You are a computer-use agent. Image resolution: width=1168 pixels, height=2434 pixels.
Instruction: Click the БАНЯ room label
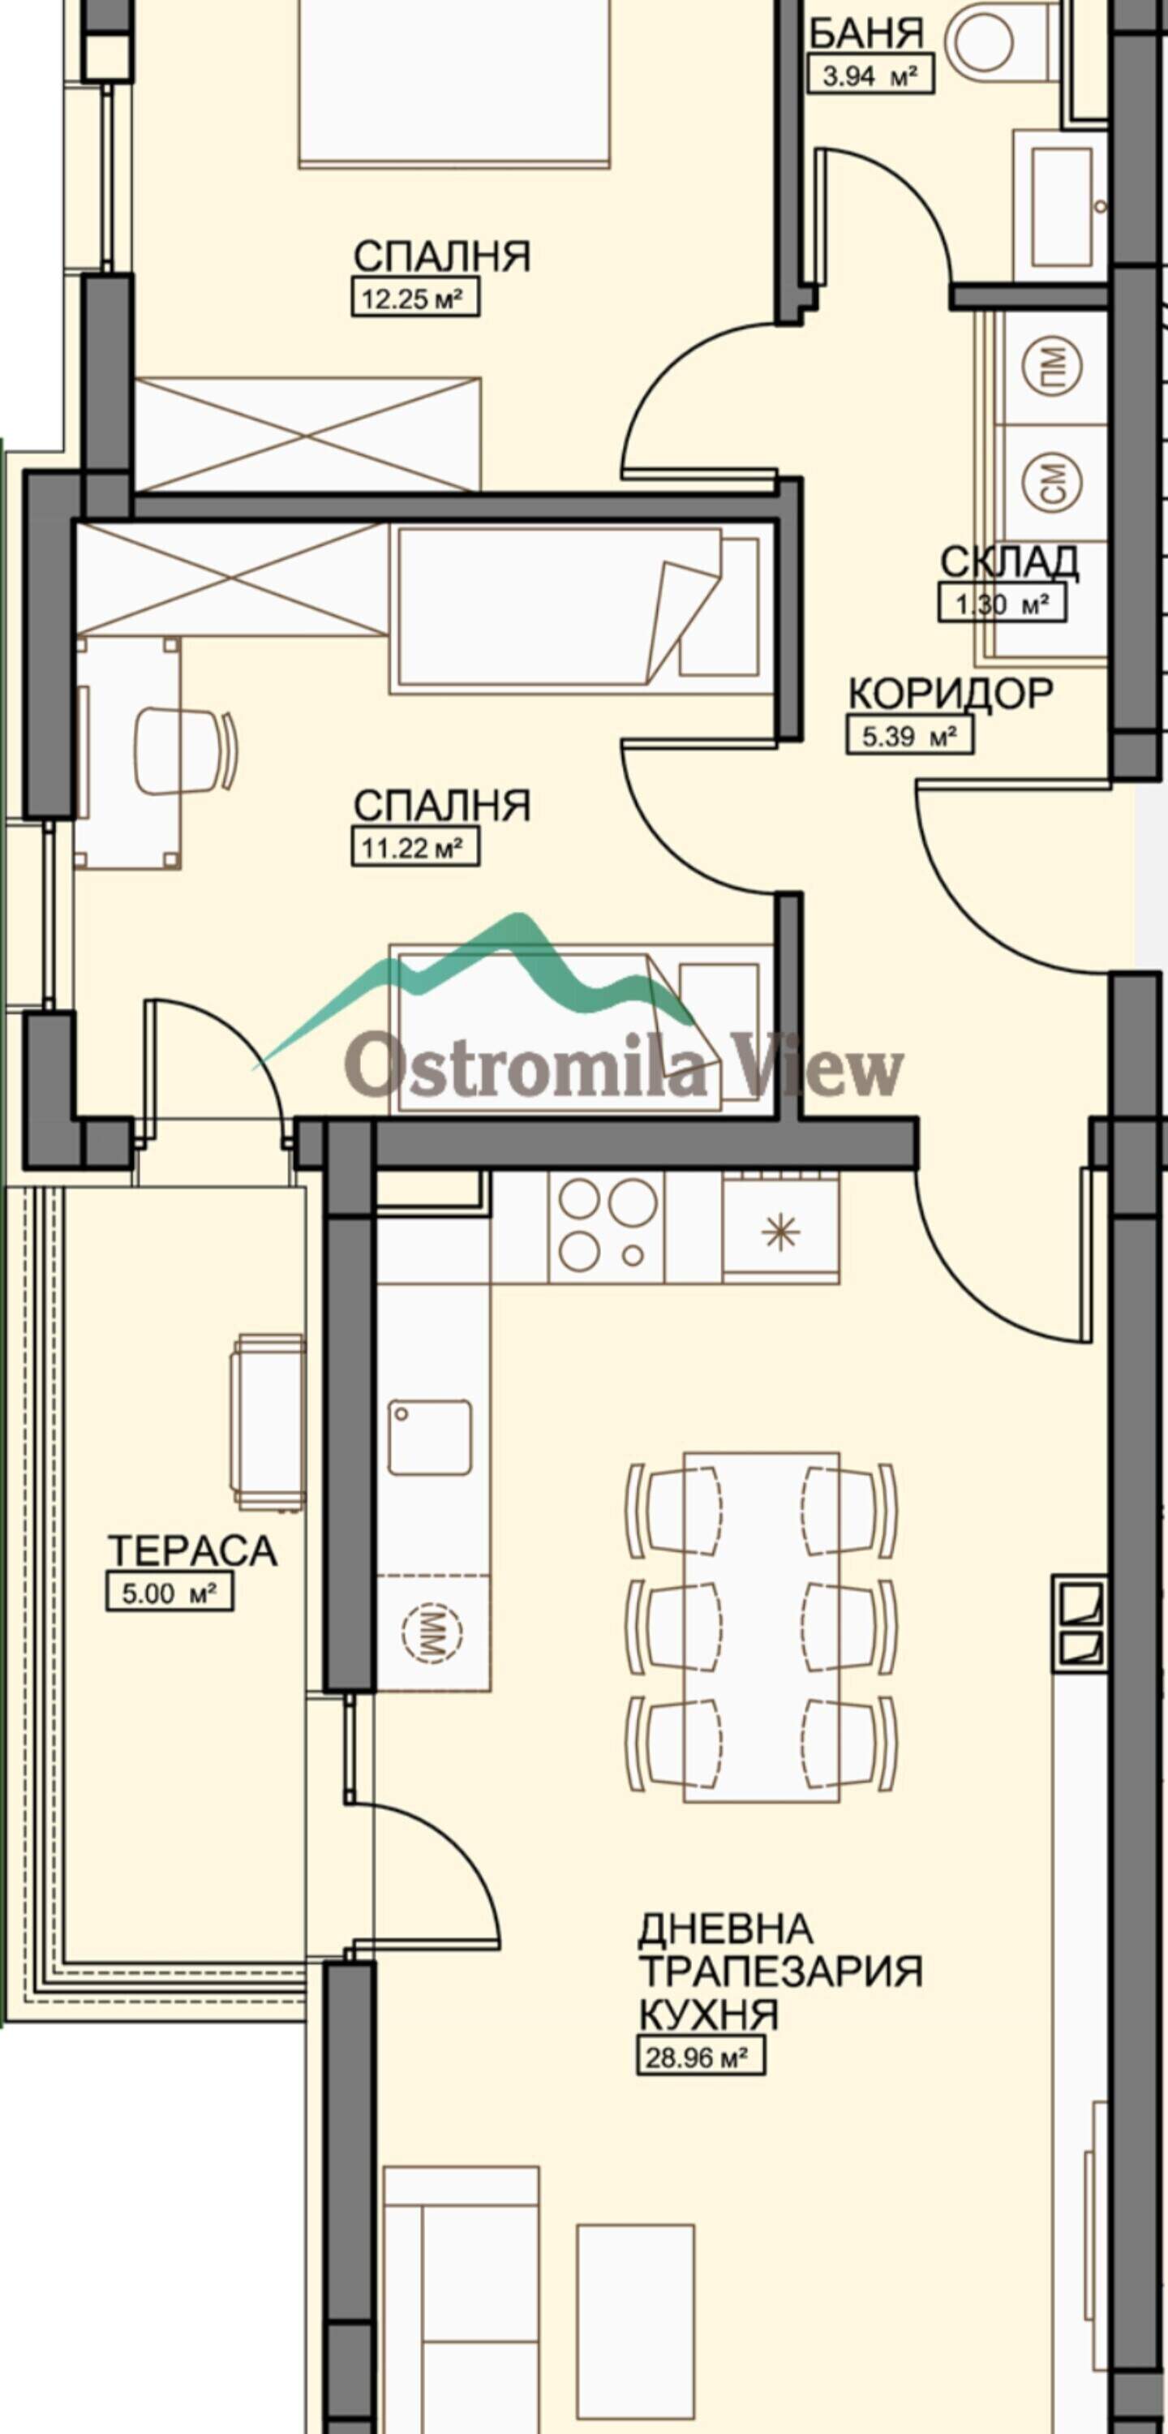click(x=866, y=34)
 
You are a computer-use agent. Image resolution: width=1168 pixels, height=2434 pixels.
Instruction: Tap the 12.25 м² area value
click(x=414, y=299)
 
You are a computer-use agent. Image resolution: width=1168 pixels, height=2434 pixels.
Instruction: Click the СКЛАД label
click(x=1009, y=562)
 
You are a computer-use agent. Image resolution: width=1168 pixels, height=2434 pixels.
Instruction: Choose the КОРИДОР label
click(x=950, y=694)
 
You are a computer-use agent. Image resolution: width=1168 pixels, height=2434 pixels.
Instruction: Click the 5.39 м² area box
click(x=909, y=736)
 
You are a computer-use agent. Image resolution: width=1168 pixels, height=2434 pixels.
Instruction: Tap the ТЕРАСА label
click(x=192, y=1550)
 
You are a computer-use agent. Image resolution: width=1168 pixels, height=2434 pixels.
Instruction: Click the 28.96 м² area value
click(x=701, y=2057)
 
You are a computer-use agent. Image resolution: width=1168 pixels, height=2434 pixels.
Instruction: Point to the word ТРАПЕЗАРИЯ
click(x=779, y=1971)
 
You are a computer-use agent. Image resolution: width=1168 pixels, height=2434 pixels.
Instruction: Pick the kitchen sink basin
click(x=430, y=1437)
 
